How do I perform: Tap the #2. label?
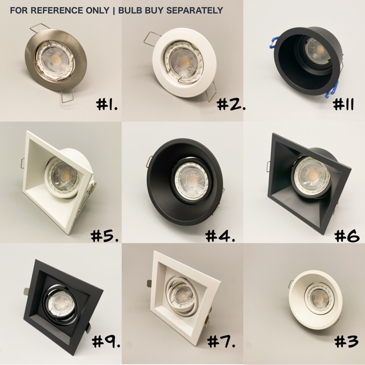click(231, 104)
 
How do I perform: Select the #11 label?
click(344, 104)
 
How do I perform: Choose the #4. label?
click(220, 235)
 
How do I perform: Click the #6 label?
click(347, 235)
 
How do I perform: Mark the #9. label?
click(106, 341)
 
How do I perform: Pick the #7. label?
click(221, 341)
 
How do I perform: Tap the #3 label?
click(346, 341)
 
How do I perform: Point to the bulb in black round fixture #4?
click(192, 180)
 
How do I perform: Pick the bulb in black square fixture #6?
click(311, 176)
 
